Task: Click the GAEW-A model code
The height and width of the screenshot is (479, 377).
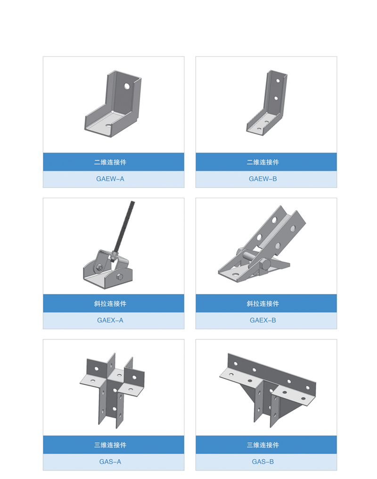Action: point(110,179)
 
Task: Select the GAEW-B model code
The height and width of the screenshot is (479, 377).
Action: point(263,179)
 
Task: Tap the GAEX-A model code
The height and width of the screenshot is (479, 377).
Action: point(110,320)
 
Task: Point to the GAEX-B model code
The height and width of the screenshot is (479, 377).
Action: point(263,320)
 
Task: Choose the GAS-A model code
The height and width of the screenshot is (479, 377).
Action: point(110,462)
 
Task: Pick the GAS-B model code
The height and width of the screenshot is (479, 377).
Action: point(263,462)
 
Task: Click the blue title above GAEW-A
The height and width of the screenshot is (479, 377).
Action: point(110,162)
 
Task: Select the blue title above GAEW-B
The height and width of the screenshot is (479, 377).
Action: point(263,162)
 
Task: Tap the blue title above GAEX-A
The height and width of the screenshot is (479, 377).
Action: point(110,304)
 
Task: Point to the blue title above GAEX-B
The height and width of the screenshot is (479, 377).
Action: point(263,304)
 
